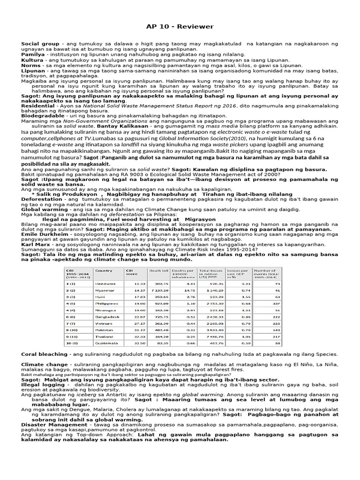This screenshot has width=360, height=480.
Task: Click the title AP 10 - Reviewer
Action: [x=180, y=27]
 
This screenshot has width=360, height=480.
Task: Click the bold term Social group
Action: [x=40, y=44]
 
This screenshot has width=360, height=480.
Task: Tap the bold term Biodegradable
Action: [x=43, y=115]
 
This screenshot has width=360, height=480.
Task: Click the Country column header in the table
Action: [x=104, y=270]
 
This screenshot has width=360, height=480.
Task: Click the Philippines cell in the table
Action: [x=105, y=303]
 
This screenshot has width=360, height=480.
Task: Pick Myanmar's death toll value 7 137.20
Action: [x=158, y=290]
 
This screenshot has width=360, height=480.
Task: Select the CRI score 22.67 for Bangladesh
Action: [x=139, y=316]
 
